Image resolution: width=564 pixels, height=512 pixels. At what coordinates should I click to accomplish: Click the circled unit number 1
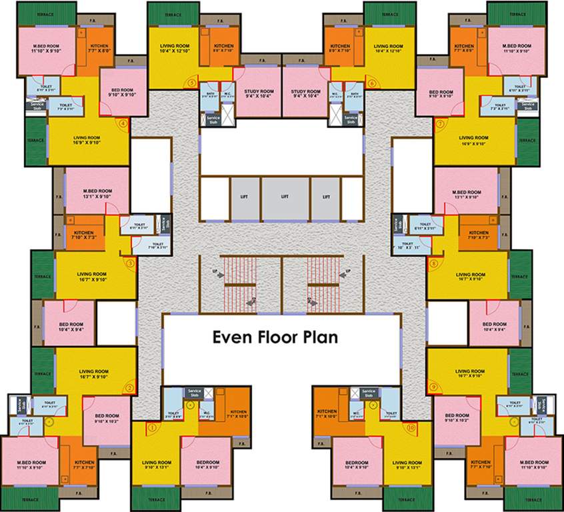tap(152, 427)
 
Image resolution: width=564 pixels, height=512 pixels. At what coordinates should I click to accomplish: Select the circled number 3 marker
tap(130, 263)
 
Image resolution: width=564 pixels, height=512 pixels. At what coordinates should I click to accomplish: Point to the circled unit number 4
tap(122, 123)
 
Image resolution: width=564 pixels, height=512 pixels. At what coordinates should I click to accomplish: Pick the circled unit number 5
tap(192, 83)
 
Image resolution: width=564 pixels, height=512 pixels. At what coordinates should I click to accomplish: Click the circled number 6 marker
tap(371, 83)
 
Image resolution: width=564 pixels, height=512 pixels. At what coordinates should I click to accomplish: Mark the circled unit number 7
tap(440, 123)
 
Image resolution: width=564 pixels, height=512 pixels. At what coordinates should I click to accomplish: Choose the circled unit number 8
tap(433, 263)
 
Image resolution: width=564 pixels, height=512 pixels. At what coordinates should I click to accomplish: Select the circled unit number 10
tap(411, 427)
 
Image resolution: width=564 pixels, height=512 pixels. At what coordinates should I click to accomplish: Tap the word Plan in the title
tap(325, 337)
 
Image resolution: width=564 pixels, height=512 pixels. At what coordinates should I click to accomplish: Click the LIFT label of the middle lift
tap(285, 197)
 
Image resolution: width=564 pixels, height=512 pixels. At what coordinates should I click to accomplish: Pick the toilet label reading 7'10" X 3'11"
tap(158, 247)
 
